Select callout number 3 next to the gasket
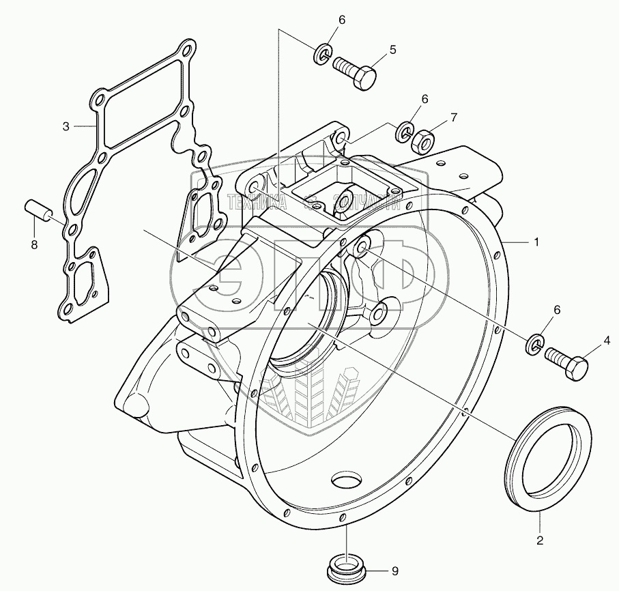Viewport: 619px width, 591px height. [x=66, y=126]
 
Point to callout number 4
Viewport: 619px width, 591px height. [x=605, y=338]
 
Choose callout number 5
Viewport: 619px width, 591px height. [x=392, y=49]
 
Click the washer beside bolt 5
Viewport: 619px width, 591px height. [x=323, y=53]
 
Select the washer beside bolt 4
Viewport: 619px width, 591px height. [x=535, y=344]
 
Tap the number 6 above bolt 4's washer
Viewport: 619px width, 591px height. [x=557, y=310]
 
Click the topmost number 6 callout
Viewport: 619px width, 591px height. [x=341, y=20]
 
